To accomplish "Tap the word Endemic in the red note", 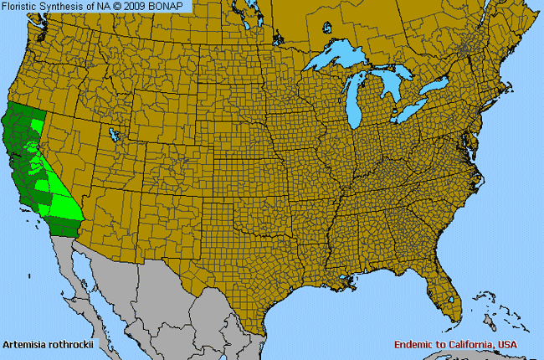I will (x=416, y=345).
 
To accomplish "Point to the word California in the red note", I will (x=472, y=345).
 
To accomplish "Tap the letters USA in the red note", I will (x=506, y=345).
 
